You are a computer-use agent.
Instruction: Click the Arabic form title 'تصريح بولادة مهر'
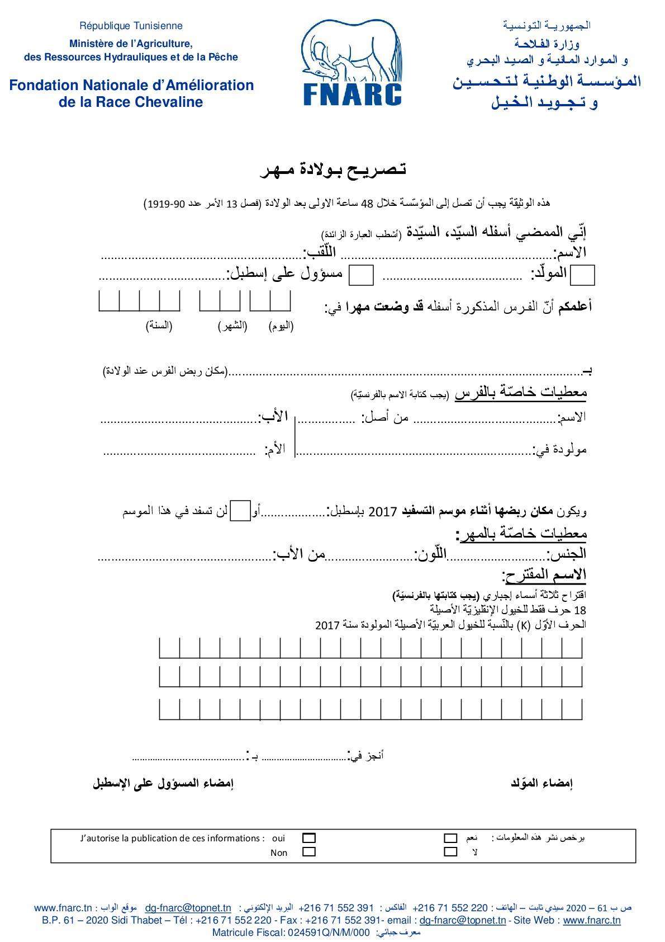pos(333,169)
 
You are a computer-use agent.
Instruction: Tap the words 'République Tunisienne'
pos(131,26)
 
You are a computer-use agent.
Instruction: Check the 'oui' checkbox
pos(308,838)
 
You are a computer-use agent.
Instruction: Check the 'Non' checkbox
pos(308,852)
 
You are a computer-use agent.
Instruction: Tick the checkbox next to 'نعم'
pos(450,838)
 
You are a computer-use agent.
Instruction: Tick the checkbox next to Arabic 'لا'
pos(450,852)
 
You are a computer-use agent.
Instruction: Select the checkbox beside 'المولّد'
pos(584,275)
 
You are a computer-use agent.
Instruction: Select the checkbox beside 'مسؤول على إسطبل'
pos(361,275)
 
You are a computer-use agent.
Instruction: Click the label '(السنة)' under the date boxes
pos(159,326)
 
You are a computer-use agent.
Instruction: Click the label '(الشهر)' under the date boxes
pos(232,326)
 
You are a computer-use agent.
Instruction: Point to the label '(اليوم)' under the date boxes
pos(281,326)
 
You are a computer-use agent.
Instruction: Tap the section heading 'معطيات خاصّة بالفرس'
pos(521,393)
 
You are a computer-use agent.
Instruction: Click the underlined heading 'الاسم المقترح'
pos(545,575)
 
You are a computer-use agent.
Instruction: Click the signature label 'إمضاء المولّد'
pos(541,783)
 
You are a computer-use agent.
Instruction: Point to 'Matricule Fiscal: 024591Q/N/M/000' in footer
pos(291,932)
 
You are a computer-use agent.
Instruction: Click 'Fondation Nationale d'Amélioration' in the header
pos(131,85)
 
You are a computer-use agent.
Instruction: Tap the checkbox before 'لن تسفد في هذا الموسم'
pos(240,511)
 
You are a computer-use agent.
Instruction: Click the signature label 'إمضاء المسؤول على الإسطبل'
pos(163,783)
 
